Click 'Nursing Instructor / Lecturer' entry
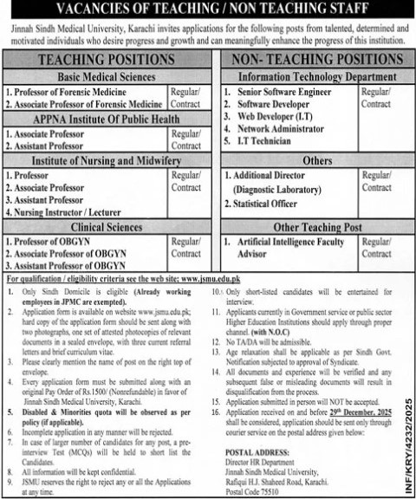[65, 211]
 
